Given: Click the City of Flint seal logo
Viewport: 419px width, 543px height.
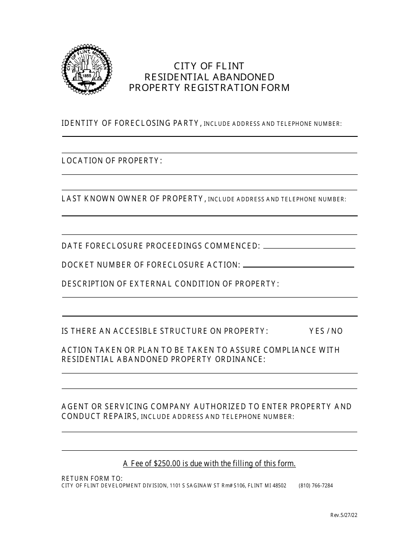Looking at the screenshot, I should pos(87,70).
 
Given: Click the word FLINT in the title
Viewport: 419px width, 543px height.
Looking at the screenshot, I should pos(230,66).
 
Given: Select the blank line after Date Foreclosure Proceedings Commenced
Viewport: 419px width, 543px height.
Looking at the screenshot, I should pos(309,247).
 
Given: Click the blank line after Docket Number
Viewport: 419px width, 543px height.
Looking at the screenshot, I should pos(299,266).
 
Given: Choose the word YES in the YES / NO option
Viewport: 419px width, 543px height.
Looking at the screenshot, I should pos(317,331).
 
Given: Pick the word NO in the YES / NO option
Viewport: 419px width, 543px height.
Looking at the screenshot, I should pos(337,331).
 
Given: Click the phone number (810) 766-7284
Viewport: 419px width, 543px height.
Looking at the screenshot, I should pos(316,486).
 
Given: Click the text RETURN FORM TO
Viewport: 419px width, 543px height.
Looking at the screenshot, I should pos(92,479).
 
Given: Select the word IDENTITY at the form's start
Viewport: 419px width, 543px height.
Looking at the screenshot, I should pos(80,123).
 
